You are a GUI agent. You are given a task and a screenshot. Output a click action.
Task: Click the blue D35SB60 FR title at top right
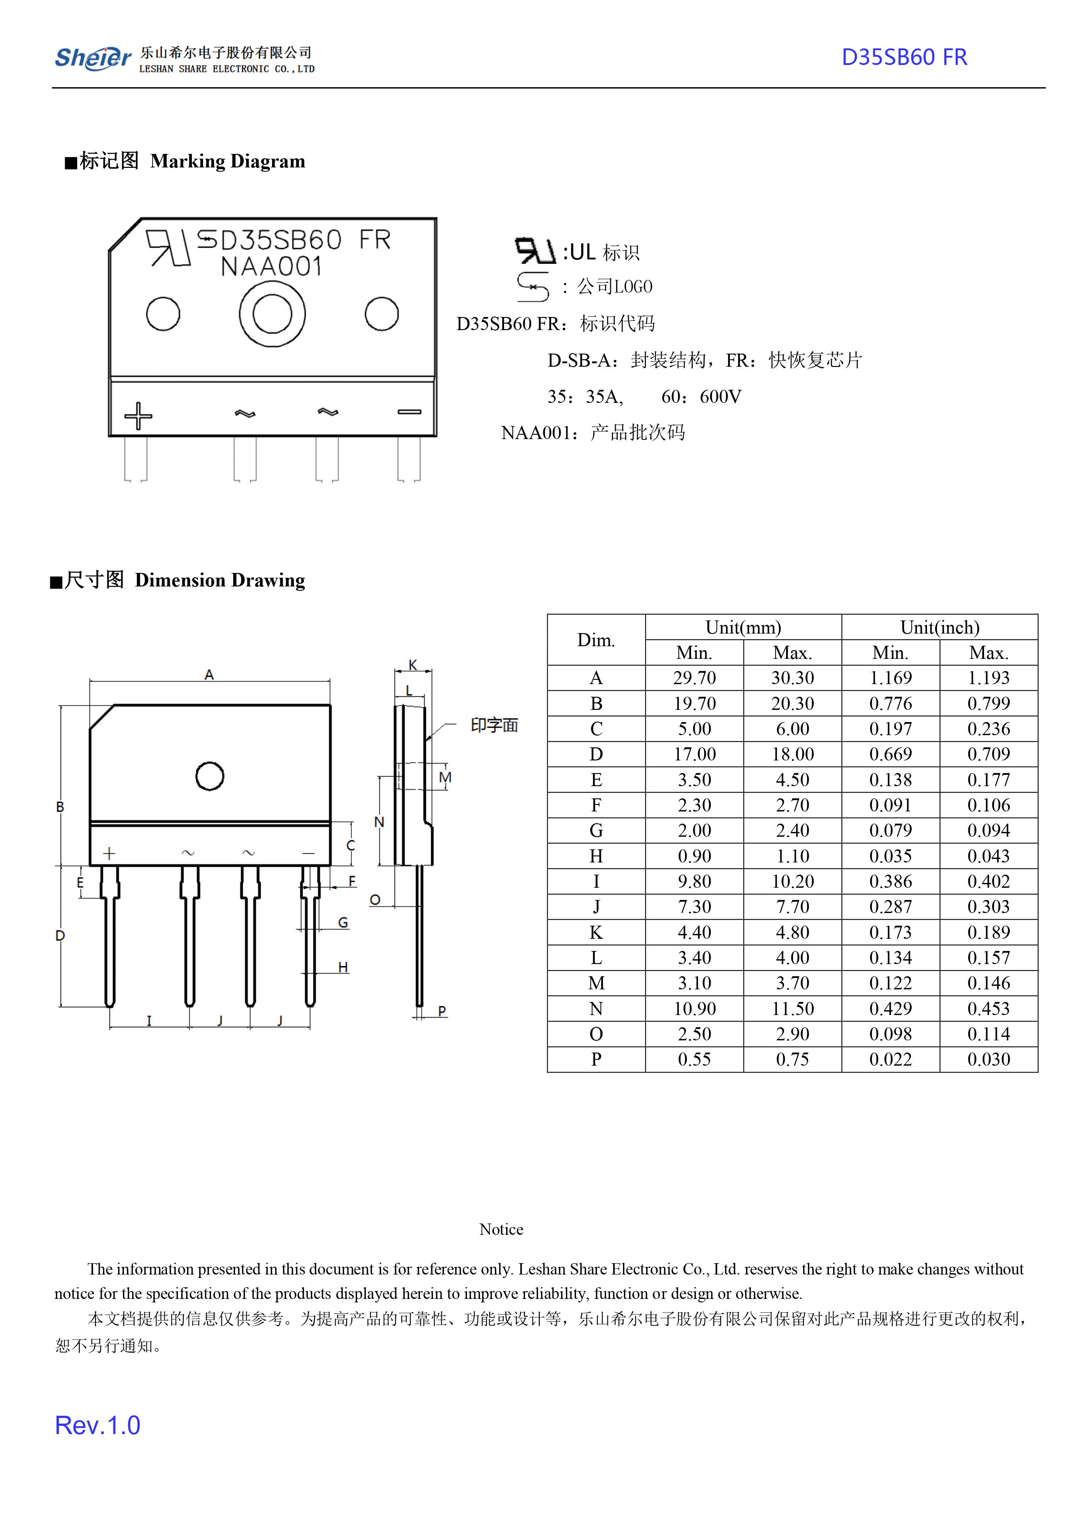[x=904, y=58]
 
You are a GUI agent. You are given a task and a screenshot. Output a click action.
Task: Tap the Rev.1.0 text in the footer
[x=97, y=1425]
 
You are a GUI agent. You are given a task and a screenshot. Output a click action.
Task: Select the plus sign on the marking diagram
[x=138, y=416]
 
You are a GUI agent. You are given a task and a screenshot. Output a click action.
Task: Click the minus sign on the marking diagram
[x=409, y=412]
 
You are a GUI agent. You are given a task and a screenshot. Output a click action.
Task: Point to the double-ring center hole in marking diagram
[x=272, y=313]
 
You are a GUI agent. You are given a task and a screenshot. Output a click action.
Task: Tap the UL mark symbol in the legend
[x=535, y=252]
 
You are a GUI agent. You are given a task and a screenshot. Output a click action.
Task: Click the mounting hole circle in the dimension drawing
[x=209, y=776]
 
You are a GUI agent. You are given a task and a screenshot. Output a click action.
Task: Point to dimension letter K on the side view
[x=413, y=665]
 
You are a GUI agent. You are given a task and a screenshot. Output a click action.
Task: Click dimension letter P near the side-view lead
[x=442, y=1011]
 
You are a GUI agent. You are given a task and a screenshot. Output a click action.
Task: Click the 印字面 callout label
[x=494, y=725]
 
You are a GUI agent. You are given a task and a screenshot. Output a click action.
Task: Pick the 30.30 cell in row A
[x=792, y=678]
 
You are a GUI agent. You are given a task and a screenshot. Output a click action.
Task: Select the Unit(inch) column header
[x=939, y=627]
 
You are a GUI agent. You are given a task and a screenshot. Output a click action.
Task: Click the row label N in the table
[x=596, y=1009]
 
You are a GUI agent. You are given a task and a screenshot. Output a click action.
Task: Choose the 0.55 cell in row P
[x=694, y=1059]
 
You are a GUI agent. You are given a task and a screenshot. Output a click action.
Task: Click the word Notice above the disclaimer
[x=501, y=1229]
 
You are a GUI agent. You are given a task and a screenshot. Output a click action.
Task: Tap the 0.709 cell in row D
[x=988, y=754]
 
